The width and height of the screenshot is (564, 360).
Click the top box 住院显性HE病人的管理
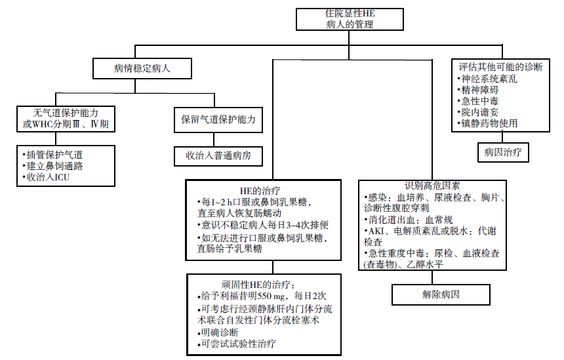point(350,20)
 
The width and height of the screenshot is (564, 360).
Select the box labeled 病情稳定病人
point(142,68)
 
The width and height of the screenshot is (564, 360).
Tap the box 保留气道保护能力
point(218,120)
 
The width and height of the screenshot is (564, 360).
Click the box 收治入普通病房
point(218,156)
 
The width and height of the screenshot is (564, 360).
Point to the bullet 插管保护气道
point(52,155)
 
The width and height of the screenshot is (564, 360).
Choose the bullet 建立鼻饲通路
point(52,166)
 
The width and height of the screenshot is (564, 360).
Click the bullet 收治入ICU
point(46,177)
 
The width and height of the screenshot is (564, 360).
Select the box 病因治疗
point(503,152)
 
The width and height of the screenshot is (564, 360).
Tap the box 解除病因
point(441,295)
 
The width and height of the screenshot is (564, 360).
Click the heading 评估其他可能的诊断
point(500,67)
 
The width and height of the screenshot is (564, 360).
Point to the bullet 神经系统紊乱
point(487,79)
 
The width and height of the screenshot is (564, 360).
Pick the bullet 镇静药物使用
point(487,123)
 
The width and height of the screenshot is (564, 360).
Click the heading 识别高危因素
point(432,186)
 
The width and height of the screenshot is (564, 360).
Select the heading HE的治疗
point(260,191)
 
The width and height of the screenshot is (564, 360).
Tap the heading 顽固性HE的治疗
point(258,285)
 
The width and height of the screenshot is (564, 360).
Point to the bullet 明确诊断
point(218,332)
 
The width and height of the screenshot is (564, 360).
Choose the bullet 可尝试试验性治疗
point(236,344)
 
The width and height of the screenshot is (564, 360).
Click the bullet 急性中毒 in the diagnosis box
point(478,101)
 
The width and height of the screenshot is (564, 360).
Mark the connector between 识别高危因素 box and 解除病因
point(432,277)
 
